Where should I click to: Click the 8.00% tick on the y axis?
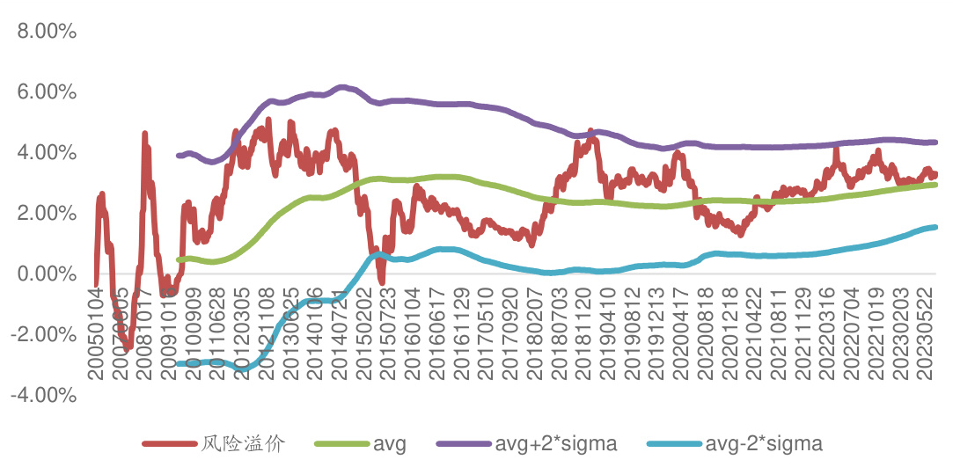click(x=43, y=32)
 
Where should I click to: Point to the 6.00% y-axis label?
click(x=43, y=92)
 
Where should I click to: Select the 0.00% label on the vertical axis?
click(x=43, y=274)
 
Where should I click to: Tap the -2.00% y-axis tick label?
click(x=40, y=335)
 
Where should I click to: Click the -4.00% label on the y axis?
click(x=40, y=396)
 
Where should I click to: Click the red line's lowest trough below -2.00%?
click(x=127, y=347)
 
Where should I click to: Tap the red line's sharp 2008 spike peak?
click(x=144, y=135)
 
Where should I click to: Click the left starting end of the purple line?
click(x=179, y=155)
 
